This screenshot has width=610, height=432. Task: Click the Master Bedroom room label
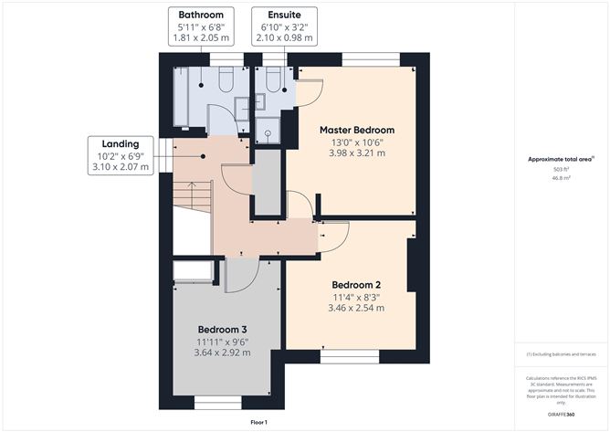pos(357,129)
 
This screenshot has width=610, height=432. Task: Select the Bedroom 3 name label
pos(223,329)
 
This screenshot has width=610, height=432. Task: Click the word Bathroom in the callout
pos(202,16)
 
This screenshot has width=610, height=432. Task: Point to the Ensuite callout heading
pos(287,16)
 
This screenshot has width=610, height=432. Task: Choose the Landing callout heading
pos(121,143)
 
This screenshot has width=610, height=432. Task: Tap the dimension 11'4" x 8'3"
pos(357,296)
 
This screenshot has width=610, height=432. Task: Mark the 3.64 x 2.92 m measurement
pos(223,353)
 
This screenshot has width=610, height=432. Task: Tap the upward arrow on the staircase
pos(192,194)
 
